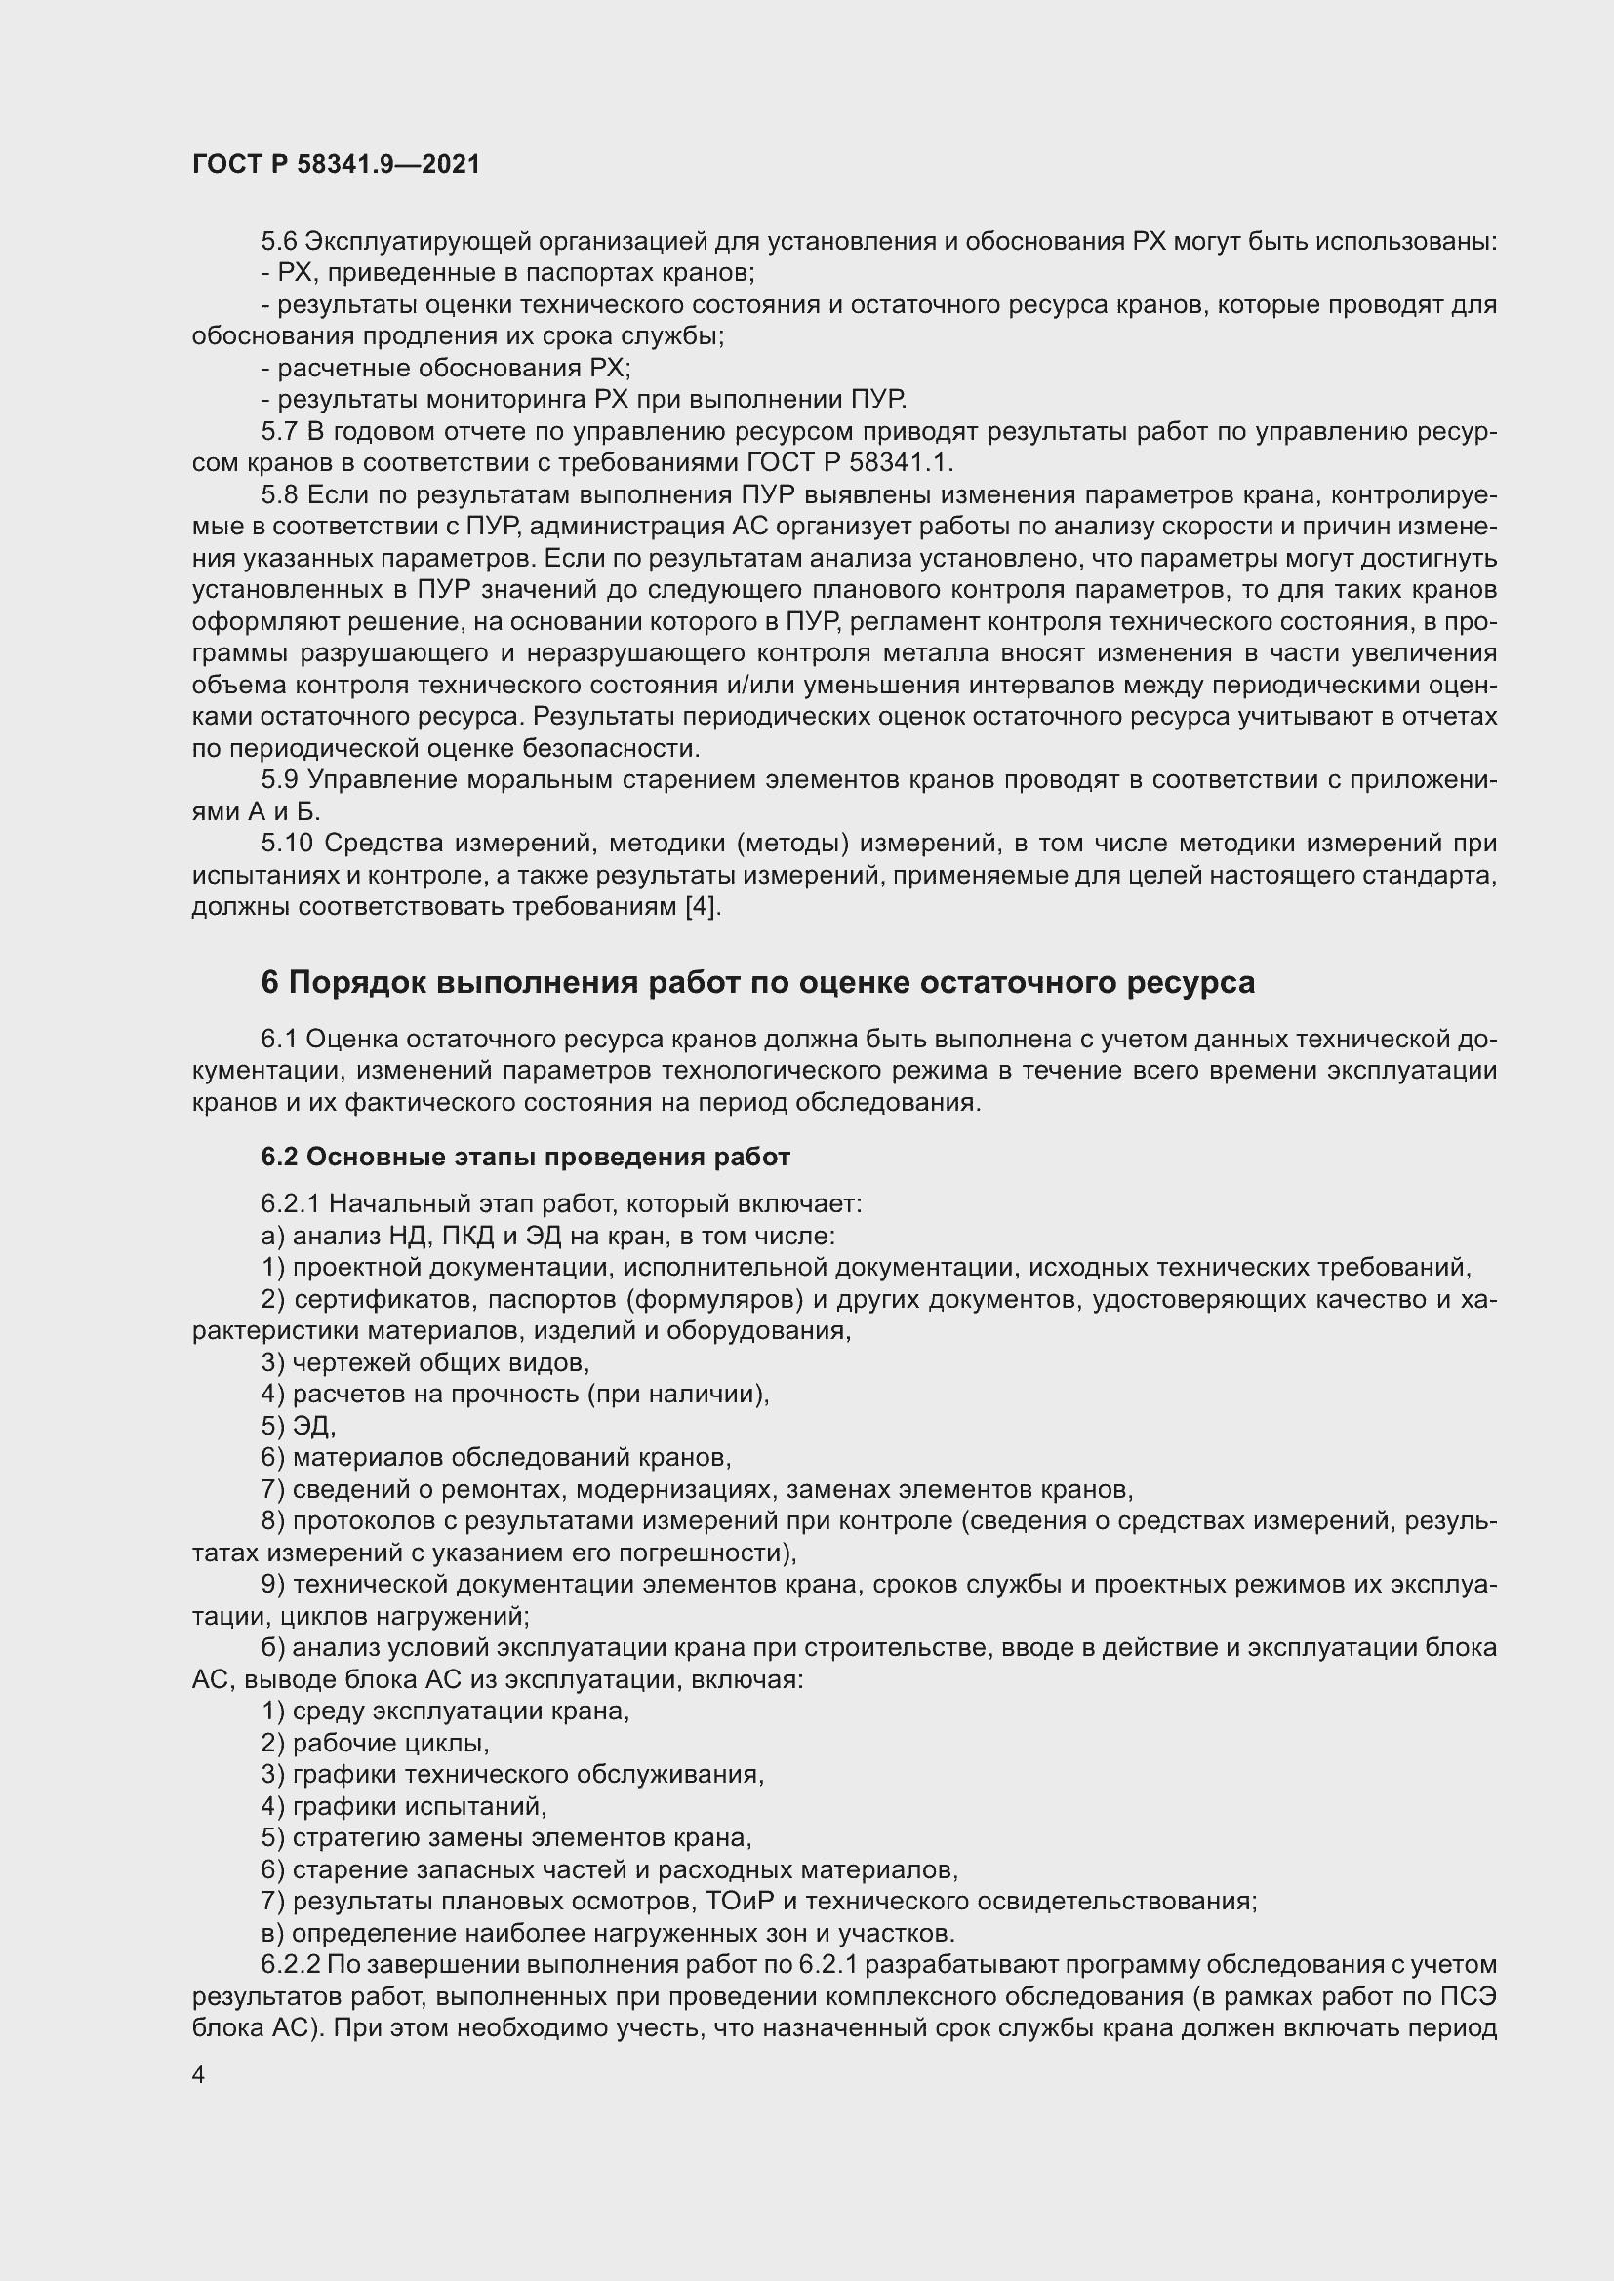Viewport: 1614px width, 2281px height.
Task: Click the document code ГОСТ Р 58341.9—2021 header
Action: [x=336, y=164]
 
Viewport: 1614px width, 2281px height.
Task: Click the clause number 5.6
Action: [x=279, y=242]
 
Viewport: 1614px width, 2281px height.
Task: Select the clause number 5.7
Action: [x=279, y=432]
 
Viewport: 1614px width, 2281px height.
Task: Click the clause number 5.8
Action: [x=279, y=494]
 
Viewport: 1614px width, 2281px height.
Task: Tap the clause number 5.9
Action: [x=279, y=780]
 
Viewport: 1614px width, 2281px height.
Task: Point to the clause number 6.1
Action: [x=279, y=1040]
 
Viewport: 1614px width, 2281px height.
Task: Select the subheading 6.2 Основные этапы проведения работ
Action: [x=526, y=1158]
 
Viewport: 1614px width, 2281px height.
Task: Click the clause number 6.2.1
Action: [x=289, y=1204]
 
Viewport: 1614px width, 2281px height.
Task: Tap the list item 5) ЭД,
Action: [x=300, y=1426]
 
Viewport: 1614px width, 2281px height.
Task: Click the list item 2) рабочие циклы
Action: [x=376, y=1743]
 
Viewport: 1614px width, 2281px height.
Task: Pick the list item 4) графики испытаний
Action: [x=405, y=1806]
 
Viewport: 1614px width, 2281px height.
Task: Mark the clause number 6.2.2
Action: [x=289, y=1965]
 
